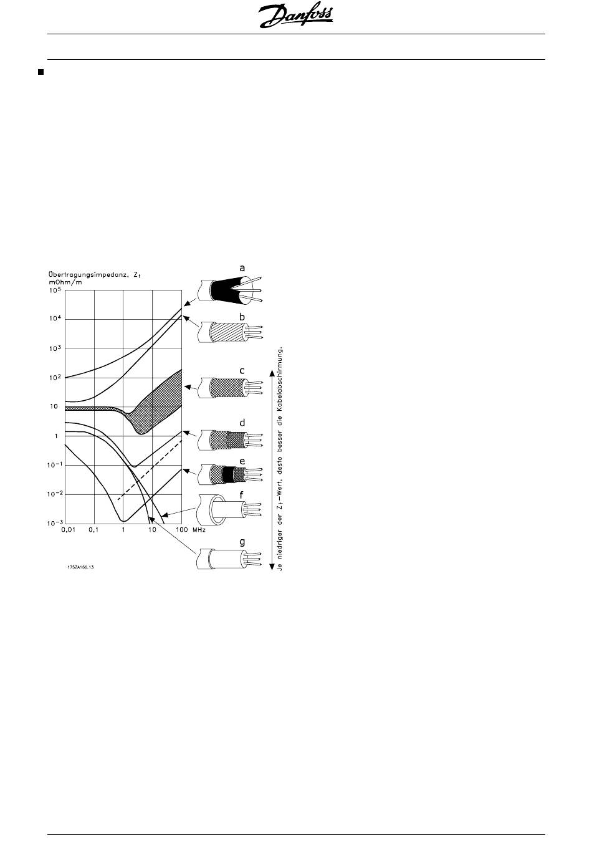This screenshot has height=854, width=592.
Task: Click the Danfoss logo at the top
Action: click(295, 16)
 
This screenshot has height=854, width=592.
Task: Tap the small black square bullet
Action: click(41, 72)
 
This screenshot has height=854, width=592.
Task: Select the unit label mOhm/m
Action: click(65, 282)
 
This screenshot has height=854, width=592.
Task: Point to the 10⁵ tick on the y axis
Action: click(55, 290)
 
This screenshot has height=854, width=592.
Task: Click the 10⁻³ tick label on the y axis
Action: click(55, 523)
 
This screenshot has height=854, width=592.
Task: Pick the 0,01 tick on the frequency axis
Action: click(68, 530)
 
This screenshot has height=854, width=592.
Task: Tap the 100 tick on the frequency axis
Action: click(182, 530)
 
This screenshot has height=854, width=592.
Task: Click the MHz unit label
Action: click(199, 530)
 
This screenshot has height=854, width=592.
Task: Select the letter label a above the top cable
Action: click(242, 269)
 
